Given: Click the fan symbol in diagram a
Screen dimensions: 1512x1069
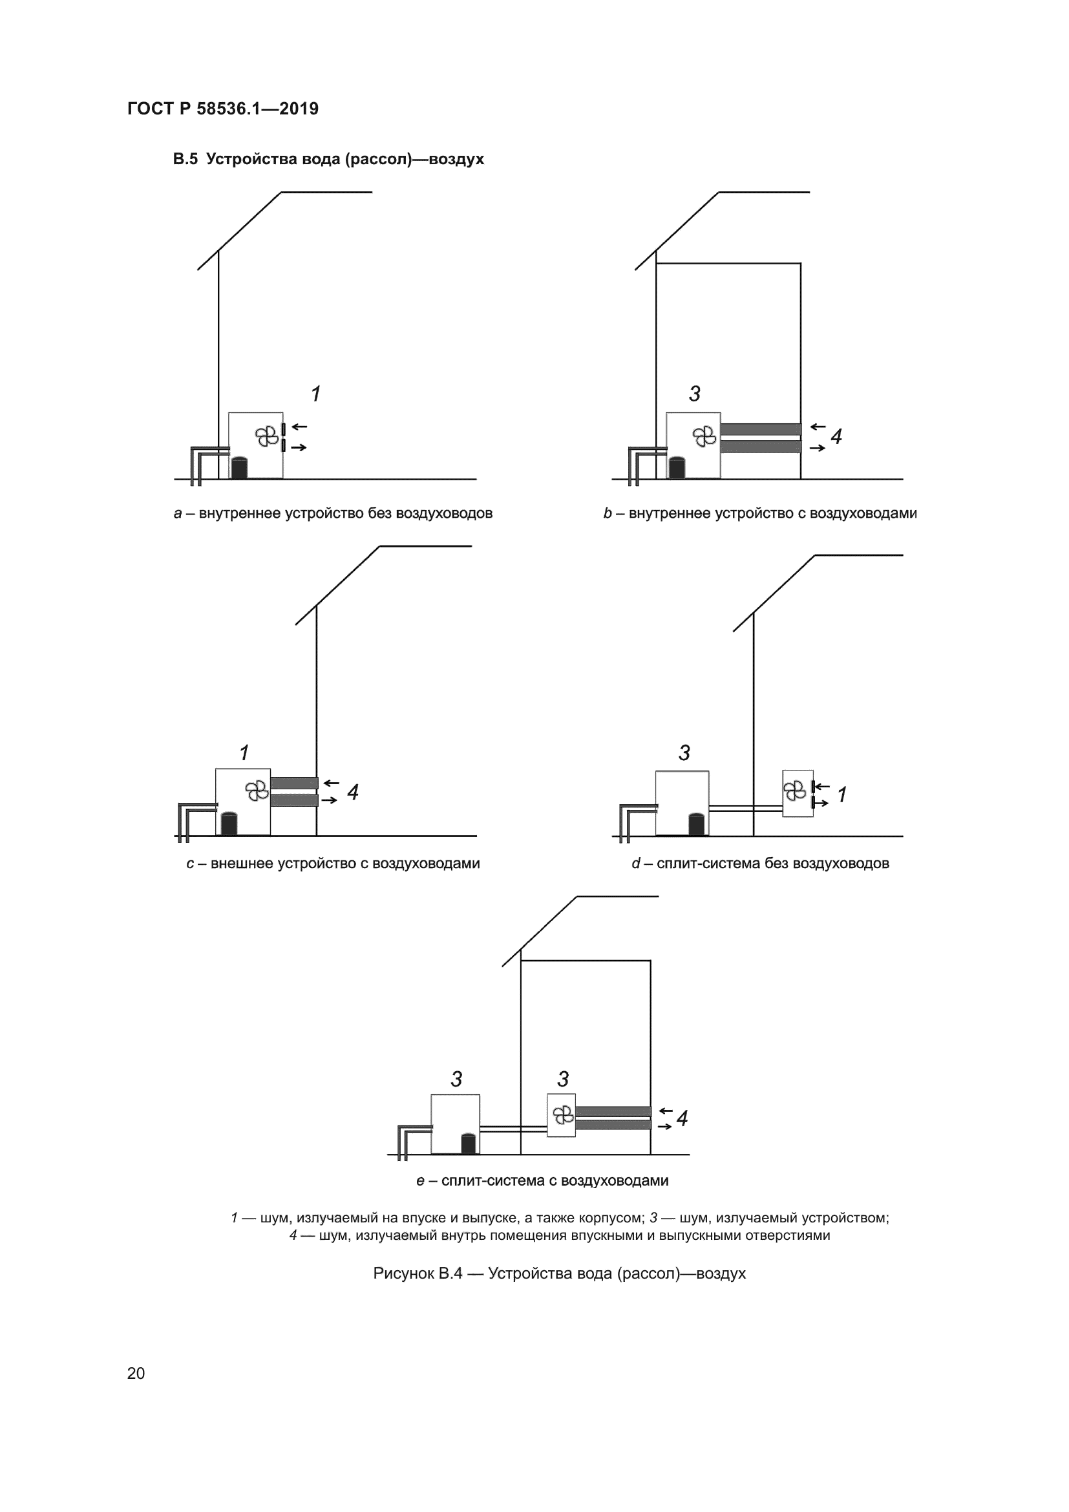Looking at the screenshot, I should tap(266, 436).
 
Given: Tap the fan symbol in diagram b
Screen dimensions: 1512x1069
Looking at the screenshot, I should tap(704, 436).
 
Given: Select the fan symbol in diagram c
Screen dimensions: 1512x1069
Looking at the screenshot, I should tap(256, 790).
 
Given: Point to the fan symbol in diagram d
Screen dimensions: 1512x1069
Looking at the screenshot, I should tap(795, 790).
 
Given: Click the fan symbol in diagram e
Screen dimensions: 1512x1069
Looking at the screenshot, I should tap(563, 1115).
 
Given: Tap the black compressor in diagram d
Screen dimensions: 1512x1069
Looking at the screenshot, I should tap(697, 824).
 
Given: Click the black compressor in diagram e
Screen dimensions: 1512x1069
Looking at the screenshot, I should tap(468, 1144).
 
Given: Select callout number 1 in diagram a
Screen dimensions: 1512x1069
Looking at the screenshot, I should tap(316, 394).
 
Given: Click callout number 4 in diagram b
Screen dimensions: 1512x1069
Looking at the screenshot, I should tap(836, 436).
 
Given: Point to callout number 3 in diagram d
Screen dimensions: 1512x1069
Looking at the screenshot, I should tap(684, 752).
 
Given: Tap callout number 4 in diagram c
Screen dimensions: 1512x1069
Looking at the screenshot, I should tap(353, 793).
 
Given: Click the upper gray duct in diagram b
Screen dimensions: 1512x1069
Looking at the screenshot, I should tap(760, 429).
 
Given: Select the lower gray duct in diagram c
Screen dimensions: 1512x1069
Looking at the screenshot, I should tap(294, 800).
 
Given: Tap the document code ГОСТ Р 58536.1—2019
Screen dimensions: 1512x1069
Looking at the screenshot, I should tap(222, 109).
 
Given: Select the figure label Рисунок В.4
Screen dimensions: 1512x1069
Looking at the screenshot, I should tap(418, 1273).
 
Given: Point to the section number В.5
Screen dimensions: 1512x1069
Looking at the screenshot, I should tap(185, 160).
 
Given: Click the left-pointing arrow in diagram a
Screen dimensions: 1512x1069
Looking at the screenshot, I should tap(299, 427).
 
